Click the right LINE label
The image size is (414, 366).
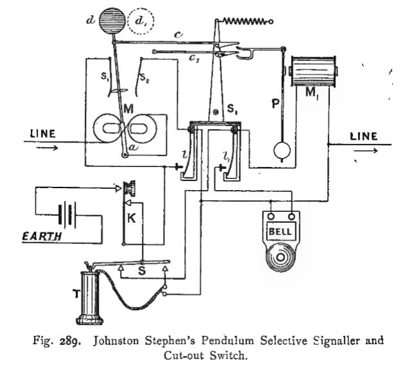(363, 137)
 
